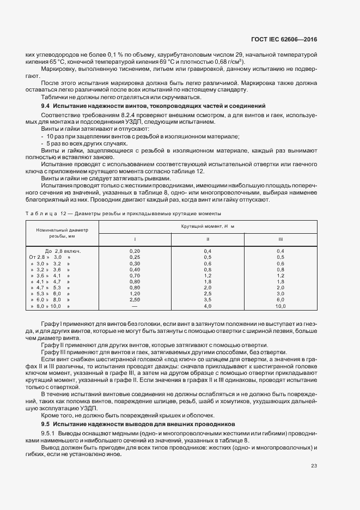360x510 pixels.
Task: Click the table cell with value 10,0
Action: tap(280, 307)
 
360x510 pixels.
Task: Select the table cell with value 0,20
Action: tap(135, 250)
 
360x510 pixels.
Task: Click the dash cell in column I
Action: tap(135, 307)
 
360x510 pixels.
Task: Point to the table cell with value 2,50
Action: tap(135, 300)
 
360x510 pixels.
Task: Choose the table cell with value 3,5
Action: tap(208, 300)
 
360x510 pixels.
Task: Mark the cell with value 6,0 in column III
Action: tap(280, 300)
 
